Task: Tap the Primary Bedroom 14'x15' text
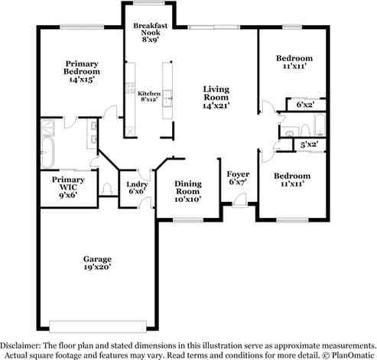[x=83, y=71]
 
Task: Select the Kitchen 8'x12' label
[x=149, y=96]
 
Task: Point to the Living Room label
[x=216, y=97]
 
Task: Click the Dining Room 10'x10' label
[x=188, y=191]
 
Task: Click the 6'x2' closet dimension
[x=304, y=106]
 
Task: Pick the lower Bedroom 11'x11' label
[x=293, y=180]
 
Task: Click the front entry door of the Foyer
[x=239, y=201]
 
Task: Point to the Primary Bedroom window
[x=82, y=28]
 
